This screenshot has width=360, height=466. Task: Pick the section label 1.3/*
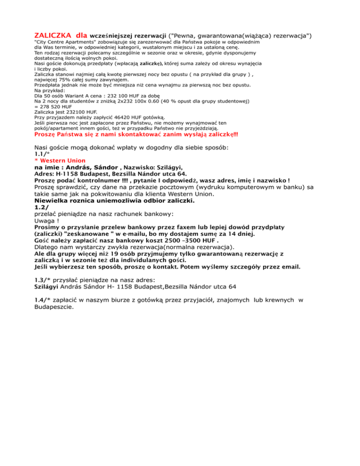[44, 280]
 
